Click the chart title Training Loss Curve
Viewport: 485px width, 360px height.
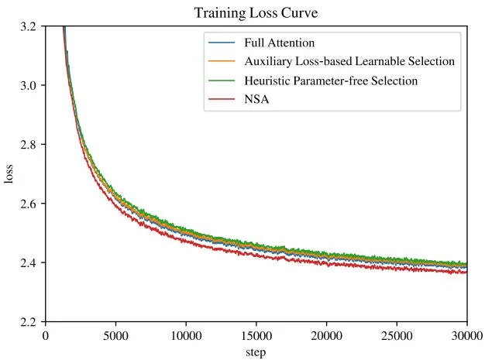pyautogui.click(x=256, y=13)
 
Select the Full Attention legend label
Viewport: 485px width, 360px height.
pyautogui.click(x=280, y=43)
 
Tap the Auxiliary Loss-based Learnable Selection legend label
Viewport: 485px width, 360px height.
pyautogui.click(x=349, y=61)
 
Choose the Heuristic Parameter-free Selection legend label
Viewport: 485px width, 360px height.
pyautogui.click(x=331, y=81)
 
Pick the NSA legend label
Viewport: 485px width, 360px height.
pyautogui.click(x=256, y=99)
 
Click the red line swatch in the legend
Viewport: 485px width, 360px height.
pyautogui.click(x=222, y=99)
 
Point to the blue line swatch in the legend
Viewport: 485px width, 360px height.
pyautogui.click(x=222, y=43)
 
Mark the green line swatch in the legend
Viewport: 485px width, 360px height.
pyautogui.click(x=222, y=81)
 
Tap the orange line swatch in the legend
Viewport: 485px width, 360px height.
pyautogui.click(x=222, y=61)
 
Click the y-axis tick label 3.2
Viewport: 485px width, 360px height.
pyautogui.click(x=29, y=26)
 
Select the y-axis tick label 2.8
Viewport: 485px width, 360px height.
pyautogui.click(x=29, y=144)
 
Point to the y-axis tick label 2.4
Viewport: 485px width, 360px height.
pyautogui.click(x=29, y=262)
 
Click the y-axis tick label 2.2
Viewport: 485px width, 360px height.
pyautogui.click(x=29, y=322)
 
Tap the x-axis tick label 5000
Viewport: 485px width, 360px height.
pyautogui.click(x=115, y=335)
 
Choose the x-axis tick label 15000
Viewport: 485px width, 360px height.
pyautogui.click(x=256, y=335)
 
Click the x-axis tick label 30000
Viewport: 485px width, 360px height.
pyautogui.click(x=467, y=335)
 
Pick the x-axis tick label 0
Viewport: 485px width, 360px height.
pyautogui.click(x=46, y=335)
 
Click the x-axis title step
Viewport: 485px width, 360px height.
pyautogui.click(x=256, y=352)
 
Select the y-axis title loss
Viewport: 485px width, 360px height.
pyautogui.click(x=9, y=174)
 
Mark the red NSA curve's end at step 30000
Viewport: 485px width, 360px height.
pyautogui.click(x=466, y=272)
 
